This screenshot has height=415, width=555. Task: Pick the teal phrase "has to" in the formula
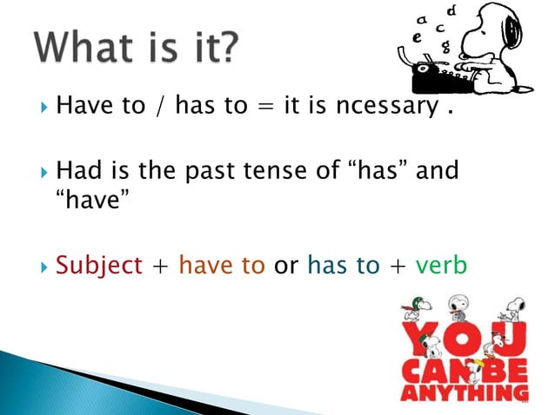click(x=344, y=264)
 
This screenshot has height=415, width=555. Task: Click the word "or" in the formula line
click(x=286, y=264)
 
